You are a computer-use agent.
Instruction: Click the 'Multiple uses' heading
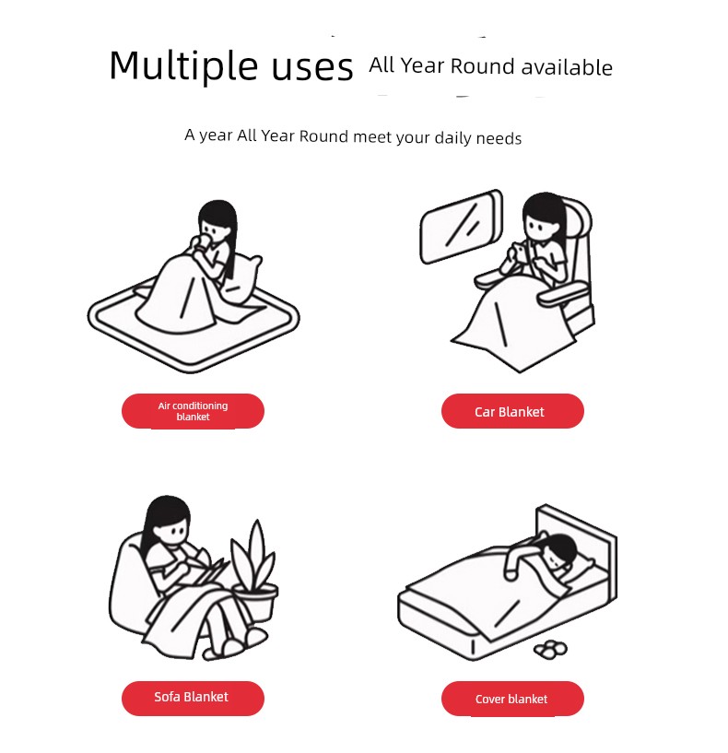(x=231, y=66)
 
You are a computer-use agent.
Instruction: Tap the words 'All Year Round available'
(x=490, y=66)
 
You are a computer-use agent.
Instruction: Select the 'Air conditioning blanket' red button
(x=193, y=411)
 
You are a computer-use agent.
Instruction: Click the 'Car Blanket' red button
(x=512, y=411)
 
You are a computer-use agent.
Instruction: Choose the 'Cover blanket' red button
(x=512, y=699)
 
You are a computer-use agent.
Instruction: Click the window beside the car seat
(x=461, y=226)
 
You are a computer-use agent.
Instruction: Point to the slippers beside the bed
(x=550, y=649)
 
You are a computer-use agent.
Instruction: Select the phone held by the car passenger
(x=520, y=250)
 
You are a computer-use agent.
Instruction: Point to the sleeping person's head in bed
(x=560, y=552)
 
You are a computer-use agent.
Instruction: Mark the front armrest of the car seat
(x=563, y=292)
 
